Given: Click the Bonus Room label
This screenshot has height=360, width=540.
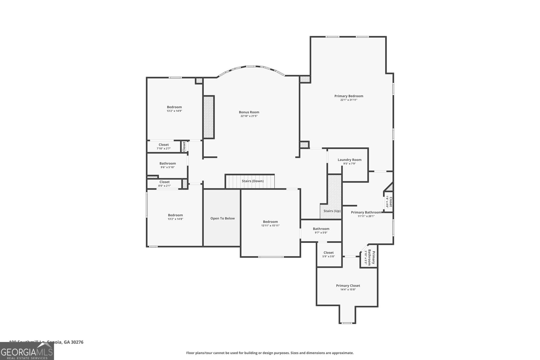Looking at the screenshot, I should (x=249, y=112).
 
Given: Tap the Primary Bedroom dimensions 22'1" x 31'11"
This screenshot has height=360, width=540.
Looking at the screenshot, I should (x=349, y=100).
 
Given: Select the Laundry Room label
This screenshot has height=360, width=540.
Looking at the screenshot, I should (x=349, y=160).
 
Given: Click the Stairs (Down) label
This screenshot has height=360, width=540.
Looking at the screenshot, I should (x=252, y=181).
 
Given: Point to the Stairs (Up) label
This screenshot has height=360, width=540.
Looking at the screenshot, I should (x=332, y=211).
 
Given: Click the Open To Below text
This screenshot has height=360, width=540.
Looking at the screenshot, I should (x=222, y=218).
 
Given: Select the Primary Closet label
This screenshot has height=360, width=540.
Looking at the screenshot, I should (x=348, y=286).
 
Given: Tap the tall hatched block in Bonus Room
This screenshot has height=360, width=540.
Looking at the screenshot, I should (x=209, y=117).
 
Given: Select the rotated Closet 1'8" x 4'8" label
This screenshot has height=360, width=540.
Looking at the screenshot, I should (x=389, y=202).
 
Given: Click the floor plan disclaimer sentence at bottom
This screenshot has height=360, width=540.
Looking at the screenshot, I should (x=270, y=353).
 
